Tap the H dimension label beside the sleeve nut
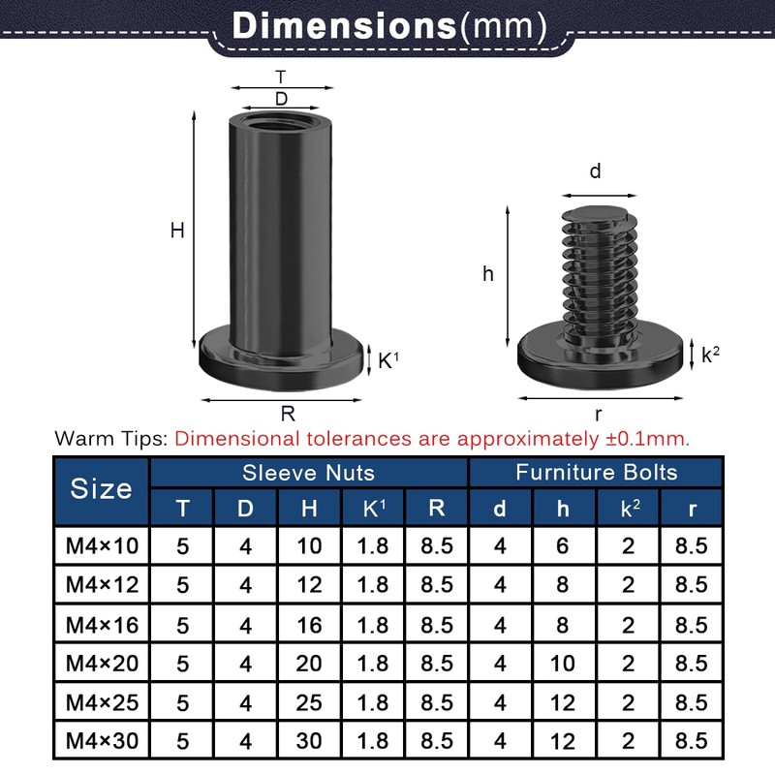click(177, 231)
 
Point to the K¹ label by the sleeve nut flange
click(387, 360)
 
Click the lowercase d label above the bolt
click(595, 171)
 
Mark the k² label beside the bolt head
click(710, 355)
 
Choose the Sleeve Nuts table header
click(308, 472)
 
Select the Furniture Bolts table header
click(596, 472)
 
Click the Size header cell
click(101, 488)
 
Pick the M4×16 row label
click(102, 625)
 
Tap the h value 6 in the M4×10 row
click(563, 545)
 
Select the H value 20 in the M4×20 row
click(309, 664)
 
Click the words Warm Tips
click(111, 438)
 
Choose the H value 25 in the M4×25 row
click(309, 703)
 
